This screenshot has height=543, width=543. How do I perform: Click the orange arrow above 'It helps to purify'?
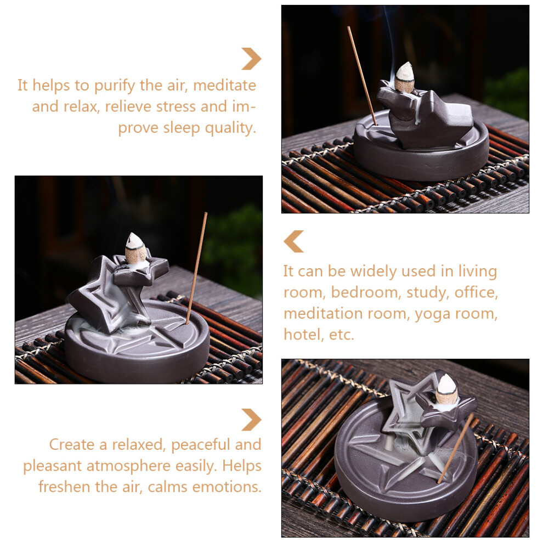[x=252, y=59]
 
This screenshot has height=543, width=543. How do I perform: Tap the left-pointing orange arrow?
[x=293, y=241]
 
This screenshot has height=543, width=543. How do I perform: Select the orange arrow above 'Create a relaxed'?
[x=252, y=420]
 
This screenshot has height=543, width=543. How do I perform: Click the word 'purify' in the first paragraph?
[x=115, y=86]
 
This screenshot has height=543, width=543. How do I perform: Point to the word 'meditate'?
[x=224, y=86]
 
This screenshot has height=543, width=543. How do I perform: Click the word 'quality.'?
[x=230, y=128]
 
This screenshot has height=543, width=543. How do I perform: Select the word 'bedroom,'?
[x=366, y=293]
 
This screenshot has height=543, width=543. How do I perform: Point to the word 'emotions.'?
[x=227, y=487]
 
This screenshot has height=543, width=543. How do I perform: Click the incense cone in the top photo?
[x=404, y=77]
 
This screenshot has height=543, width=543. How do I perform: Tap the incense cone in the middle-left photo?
[x=136, y=248]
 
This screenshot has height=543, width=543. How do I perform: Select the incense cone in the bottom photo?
[x=446, y=389]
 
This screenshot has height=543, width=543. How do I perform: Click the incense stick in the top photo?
[x=362, y=75]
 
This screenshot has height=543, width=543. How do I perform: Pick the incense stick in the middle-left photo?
[x=196, y=268]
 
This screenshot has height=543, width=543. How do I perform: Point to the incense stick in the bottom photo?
[x=455, y=448]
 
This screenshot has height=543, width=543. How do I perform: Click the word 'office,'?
[x=476, y=293]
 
